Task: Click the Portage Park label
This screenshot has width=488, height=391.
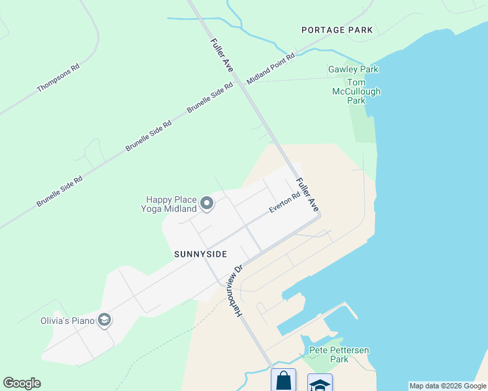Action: pos(337,30)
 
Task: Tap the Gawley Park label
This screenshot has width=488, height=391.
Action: pos(353,70)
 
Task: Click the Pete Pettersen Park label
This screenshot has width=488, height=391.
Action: pos(339,355)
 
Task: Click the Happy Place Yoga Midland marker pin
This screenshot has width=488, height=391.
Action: pos(207,204)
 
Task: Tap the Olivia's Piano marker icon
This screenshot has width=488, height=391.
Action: pos(104,320)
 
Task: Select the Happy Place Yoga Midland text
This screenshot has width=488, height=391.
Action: pos(168,204)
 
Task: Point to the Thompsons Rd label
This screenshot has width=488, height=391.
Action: pos(58,78)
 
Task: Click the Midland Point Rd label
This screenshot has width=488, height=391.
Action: pos(271,68)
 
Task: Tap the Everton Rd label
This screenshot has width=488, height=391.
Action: pos(285,202)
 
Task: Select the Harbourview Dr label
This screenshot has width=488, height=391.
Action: pos(238,290)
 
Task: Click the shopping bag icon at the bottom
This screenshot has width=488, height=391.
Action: pos(283,380)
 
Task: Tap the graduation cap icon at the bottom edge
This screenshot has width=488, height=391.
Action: pos(320,383)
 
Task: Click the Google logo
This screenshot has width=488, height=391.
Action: pos(22,383)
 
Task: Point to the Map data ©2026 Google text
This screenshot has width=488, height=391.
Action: pos(448,386)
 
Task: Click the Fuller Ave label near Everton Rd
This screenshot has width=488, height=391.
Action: pos(307,194)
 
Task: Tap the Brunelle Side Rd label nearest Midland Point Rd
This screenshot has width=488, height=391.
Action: pos(210,98)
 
